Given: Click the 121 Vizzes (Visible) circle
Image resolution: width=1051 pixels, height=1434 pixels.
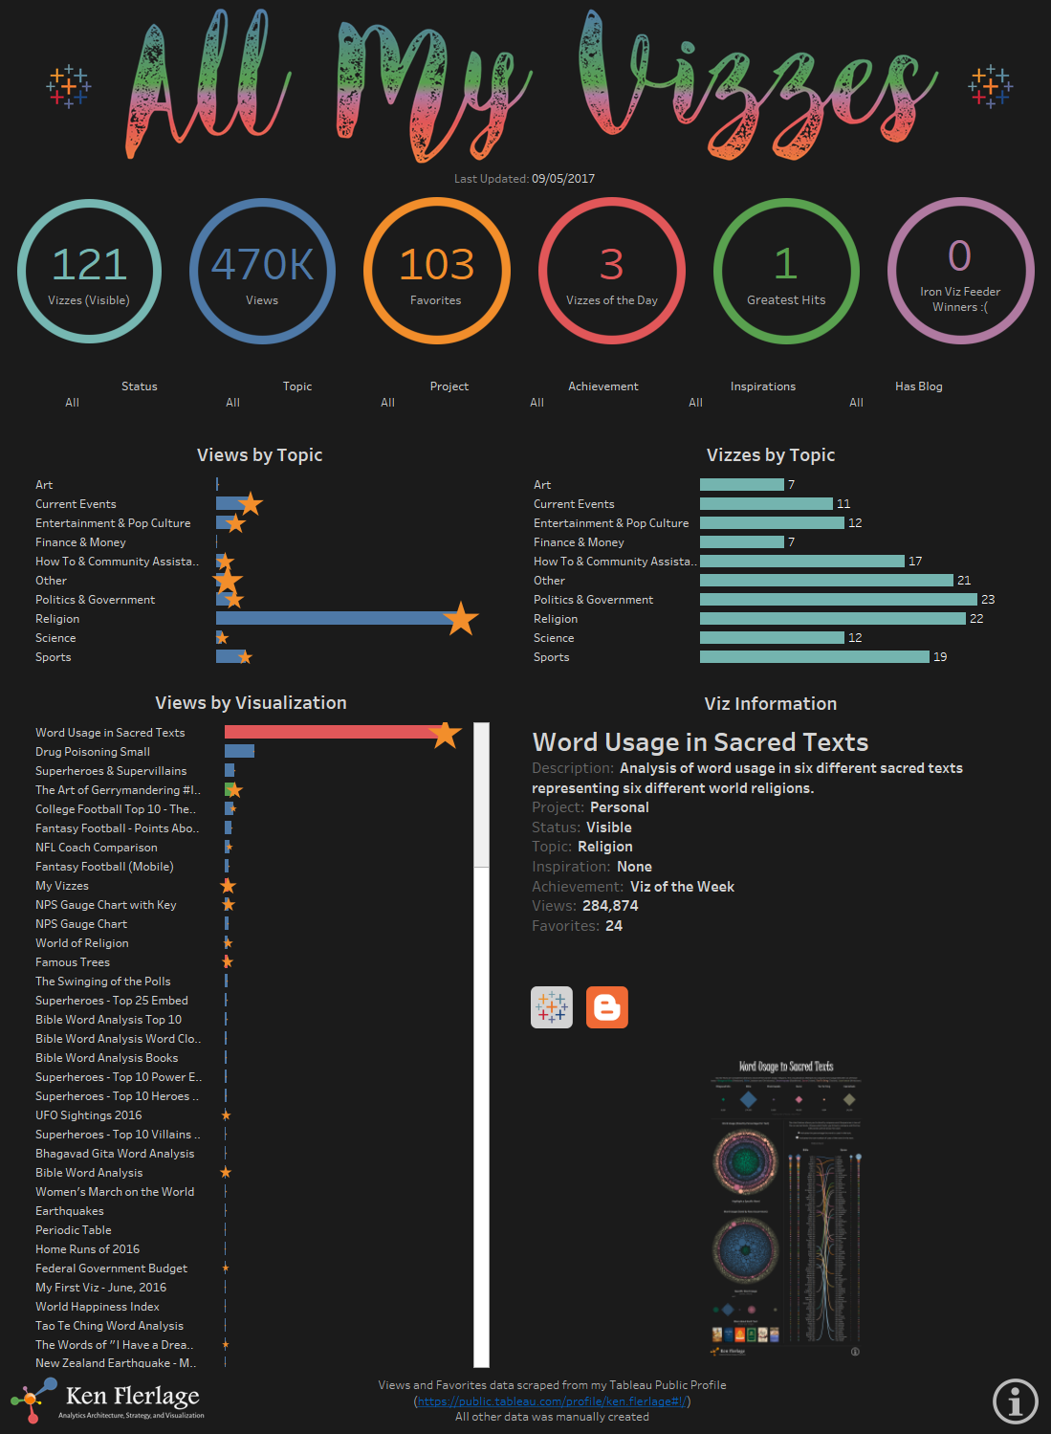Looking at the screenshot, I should click(x=89, y=272).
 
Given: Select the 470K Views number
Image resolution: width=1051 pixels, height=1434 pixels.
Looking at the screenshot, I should click(x=262, y=265).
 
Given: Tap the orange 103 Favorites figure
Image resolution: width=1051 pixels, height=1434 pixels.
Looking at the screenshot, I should click(x=436, y=265).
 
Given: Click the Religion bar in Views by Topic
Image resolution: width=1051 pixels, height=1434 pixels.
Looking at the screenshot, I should click(x=335, y=619).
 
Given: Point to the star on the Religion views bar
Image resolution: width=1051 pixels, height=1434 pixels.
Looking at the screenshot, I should click(x=461, y=619).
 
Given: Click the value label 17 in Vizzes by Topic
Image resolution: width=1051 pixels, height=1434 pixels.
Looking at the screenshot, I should click(x=915, y=562).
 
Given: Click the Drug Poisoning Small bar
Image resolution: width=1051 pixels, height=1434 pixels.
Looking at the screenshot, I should click(x=239, y=752).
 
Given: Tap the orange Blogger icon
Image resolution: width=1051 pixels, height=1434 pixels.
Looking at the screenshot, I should click(x=607, y=1007).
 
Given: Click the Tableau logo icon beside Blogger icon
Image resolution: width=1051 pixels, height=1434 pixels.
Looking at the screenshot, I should click(x=552, y=1007).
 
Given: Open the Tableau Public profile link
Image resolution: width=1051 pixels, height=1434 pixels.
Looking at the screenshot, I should click(x=552, y=1401).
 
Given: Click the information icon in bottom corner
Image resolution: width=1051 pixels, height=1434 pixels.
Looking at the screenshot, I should click(x=1015, y=1401).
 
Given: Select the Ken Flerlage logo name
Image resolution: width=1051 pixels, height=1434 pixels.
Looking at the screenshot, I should click(x=132, y=1397).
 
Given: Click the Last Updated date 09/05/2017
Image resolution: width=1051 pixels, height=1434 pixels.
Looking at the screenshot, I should click(x=563, y=179).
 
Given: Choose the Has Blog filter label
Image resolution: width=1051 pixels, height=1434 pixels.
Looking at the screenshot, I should click(x=918, y=386).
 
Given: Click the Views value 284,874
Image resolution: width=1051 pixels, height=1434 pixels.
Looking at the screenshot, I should click(x=610, y=906).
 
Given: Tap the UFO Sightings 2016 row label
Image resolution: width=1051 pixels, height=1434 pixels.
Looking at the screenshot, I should click(x=88, y=1115).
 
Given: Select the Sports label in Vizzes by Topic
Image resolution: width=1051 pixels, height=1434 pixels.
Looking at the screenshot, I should click(x=551, y=657).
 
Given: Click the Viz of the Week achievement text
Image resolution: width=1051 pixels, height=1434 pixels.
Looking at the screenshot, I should click(x=682, y=887).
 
